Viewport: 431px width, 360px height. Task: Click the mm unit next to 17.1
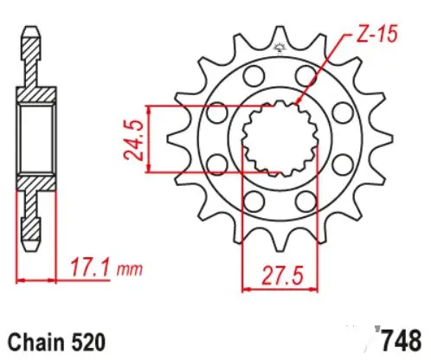click(x=129, y=272)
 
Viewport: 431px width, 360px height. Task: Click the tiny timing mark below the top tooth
click(x=279, y=46)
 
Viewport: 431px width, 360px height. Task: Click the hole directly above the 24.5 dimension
click(x=215, y=111)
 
